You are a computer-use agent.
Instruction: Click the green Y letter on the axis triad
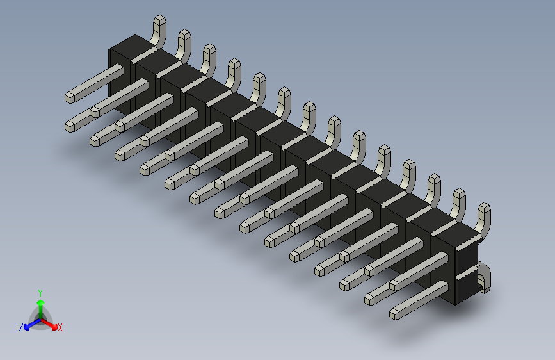tap(40, 292)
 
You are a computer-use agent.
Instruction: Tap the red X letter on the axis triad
tap(60, 327)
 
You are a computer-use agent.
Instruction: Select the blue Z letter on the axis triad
tap(21, 327)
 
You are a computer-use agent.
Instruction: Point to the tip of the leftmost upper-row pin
tap(70, 97)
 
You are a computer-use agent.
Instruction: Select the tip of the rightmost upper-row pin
tap(371, 298)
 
